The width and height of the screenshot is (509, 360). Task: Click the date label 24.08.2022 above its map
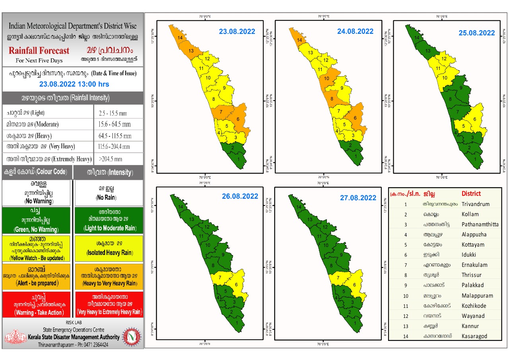point(355,31)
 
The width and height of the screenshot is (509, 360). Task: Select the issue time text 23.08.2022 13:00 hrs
point(74,84)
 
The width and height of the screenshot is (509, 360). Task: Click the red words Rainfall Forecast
point(39,51)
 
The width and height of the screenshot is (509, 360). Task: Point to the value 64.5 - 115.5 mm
point(115,136)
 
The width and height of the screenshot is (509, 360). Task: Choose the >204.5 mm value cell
point(111,159)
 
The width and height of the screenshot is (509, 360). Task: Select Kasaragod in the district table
point(474,336)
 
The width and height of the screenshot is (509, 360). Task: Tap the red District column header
point(471,194)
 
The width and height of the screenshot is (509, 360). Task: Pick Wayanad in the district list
point(473,316)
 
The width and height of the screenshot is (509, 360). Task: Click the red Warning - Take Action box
point(38,304)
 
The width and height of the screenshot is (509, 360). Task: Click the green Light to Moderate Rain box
point(109,220)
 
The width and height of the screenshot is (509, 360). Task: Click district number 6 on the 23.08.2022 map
point(238,119)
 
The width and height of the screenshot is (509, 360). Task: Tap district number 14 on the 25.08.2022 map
point(417,38)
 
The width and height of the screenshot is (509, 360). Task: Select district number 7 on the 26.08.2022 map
point(220,278)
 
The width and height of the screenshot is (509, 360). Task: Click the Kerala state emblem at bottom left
point(15,337)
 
